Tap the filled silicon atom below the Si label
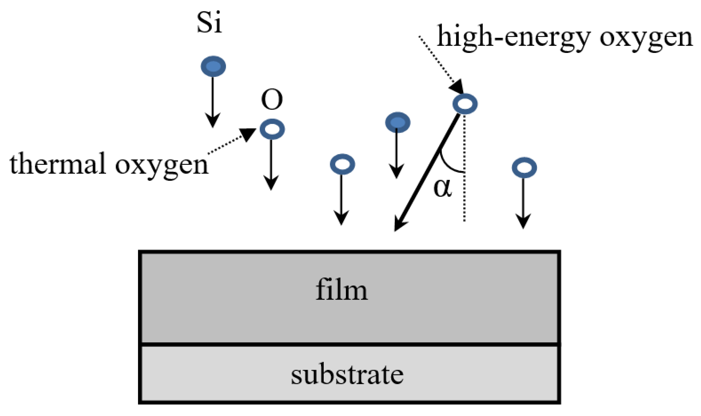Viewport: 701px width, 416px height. coord(213,66)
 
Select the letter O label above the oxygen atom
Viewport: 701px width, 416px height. coord(272,100)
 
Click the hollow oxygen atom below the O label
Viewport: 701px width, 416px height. coord(272,129)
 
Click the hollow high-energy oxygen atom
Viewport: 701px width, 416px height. coord(465,104)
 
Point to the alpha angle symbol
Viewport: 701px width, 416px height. coord(443,188)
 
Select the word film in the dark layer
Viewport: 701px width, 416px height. coord(341,290)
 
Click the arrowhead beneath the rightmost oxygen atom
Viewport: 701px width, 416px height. coord(523,221)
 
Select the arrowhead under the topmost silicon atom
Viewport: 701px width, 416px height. coord(213,120)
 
